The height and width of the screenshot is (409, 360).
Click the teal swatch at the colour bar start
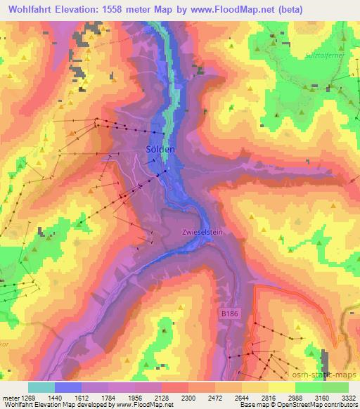(41, 387)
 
